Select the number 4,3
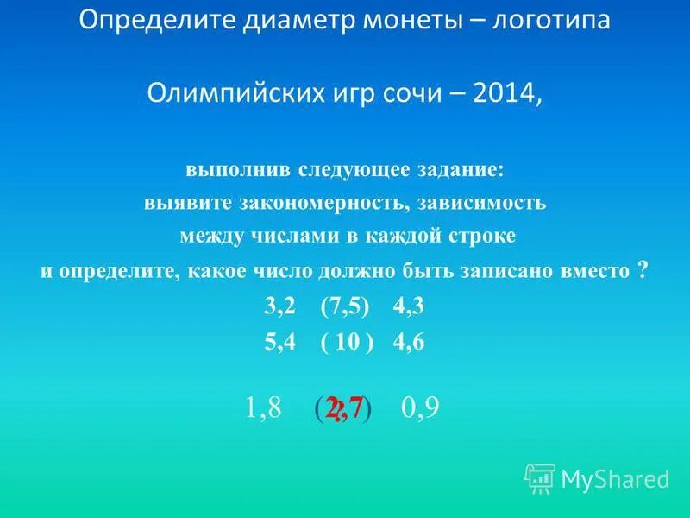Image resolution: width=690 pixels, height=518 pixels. (409, 308)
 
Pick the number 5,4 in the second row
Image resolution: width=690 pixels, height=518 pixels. (280, 342)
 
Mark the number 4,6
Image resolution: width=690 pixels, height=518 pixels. (409, 342)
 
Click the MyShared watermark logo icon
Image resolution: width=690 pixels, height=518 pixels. (540, 477)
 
